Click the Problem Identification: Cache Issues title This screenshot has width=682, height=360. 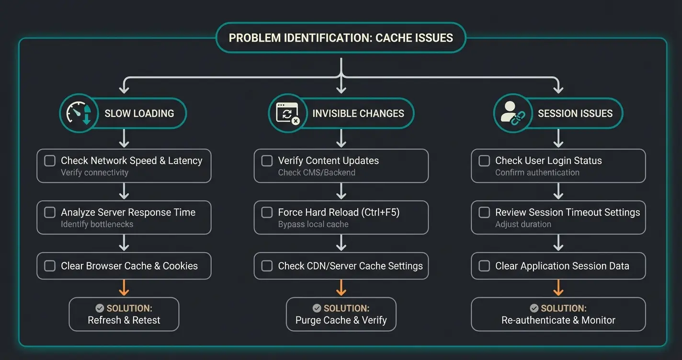pos(341,38)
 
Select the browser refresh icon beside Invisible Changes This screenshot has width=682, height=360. pos(287,113)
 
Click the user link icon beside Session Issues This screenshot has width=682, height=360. pos(512,113)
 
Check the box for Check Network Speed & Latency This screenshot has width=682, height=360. pos(50,161)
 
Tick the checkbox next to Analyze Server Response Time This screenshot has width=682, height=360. pos(50,213)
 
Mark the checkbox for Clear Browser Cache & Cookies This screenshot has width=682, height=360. pos(50,266)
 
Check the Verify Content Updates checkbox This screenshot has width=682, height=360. pos(267,161)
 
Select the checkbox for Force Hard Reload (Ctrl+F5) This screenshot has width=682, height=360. pos(267,213)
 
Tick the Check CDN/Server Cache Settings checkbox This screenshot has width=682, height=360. pos(267,266)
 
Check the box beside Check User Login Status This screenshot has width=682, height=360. pos(484,161)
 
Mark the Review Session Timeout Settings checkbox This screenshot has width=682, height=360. pos(484,213)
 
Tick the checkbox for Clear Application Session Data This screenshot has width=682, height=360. pos(484,266)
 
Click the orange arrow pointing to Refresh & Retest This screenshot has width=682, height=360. pos(124,288)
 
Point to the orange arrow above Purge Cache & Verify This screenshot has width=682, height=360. pos(341,288)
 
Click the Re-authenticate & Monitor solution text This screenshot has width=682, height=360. pos(558,320)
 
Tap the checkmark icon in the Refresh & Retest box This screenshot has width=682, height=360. pos(100,308)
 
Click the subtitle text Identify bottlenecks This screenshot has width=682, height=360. pos(97,224)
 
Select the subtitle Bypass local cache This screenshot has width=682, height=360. pos(313,224)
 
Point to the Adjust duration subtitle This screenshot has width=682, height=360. pos(523,224)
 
